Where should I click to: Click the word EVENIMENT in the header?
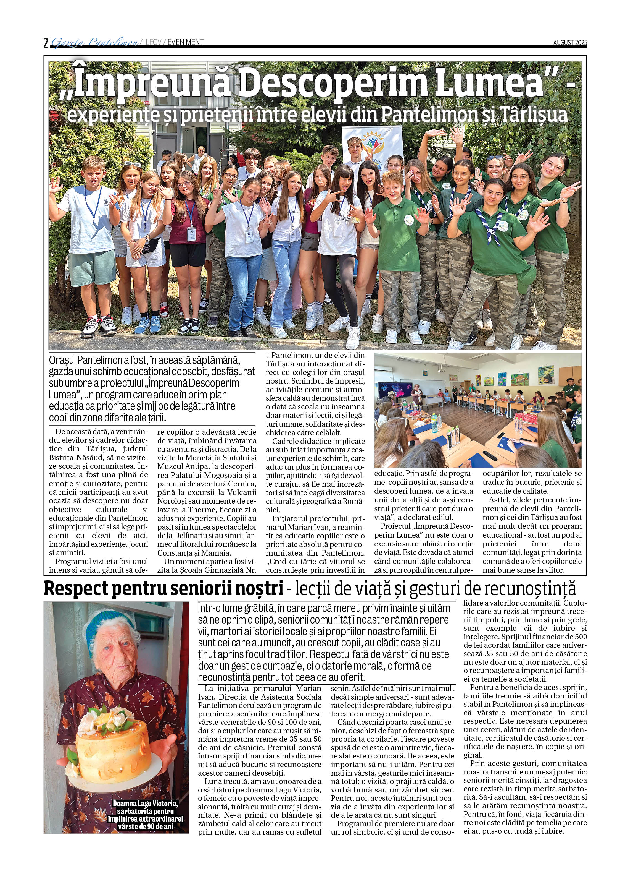pos(186,42)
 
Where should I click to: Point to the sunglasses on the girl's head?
pos(132,164)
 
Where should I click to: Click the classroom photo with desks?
pos(477,410)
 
